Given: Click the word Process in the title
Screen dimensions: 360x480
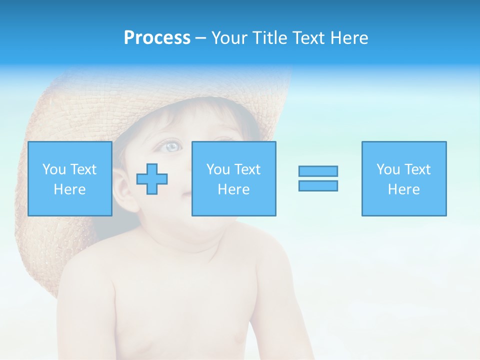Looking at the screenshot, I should point(157,38).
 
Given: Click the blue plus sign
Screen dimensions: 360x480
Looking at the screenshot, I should point(152,178).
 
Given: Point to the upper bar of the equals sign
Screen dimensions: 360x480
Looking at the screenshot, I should point(318,171).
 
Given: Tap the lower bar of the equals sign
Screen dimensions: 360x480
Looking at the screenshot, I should point(318,185).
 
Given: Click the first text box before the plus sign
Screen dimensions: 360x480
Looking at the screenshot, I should point(69,178).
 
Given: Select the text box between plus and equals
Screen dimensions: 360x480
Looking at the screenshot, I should point(233,178).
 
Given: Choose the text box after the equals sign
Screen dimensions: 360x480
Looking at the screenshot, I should point(403,178).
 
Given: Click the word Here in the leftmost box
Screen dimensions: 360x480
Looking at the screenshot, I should point(69,189).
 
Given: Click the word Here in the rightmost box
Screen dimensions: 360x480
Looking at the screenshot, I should point(403,189).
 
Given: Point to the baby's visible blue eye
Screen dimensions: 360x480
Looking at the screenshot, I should point(171,146).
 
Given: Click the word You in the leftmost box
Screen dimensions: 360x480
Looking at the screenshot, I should point(54,169).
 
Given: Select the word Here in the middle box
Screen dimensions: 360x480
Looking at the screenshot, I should point(233,189).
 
